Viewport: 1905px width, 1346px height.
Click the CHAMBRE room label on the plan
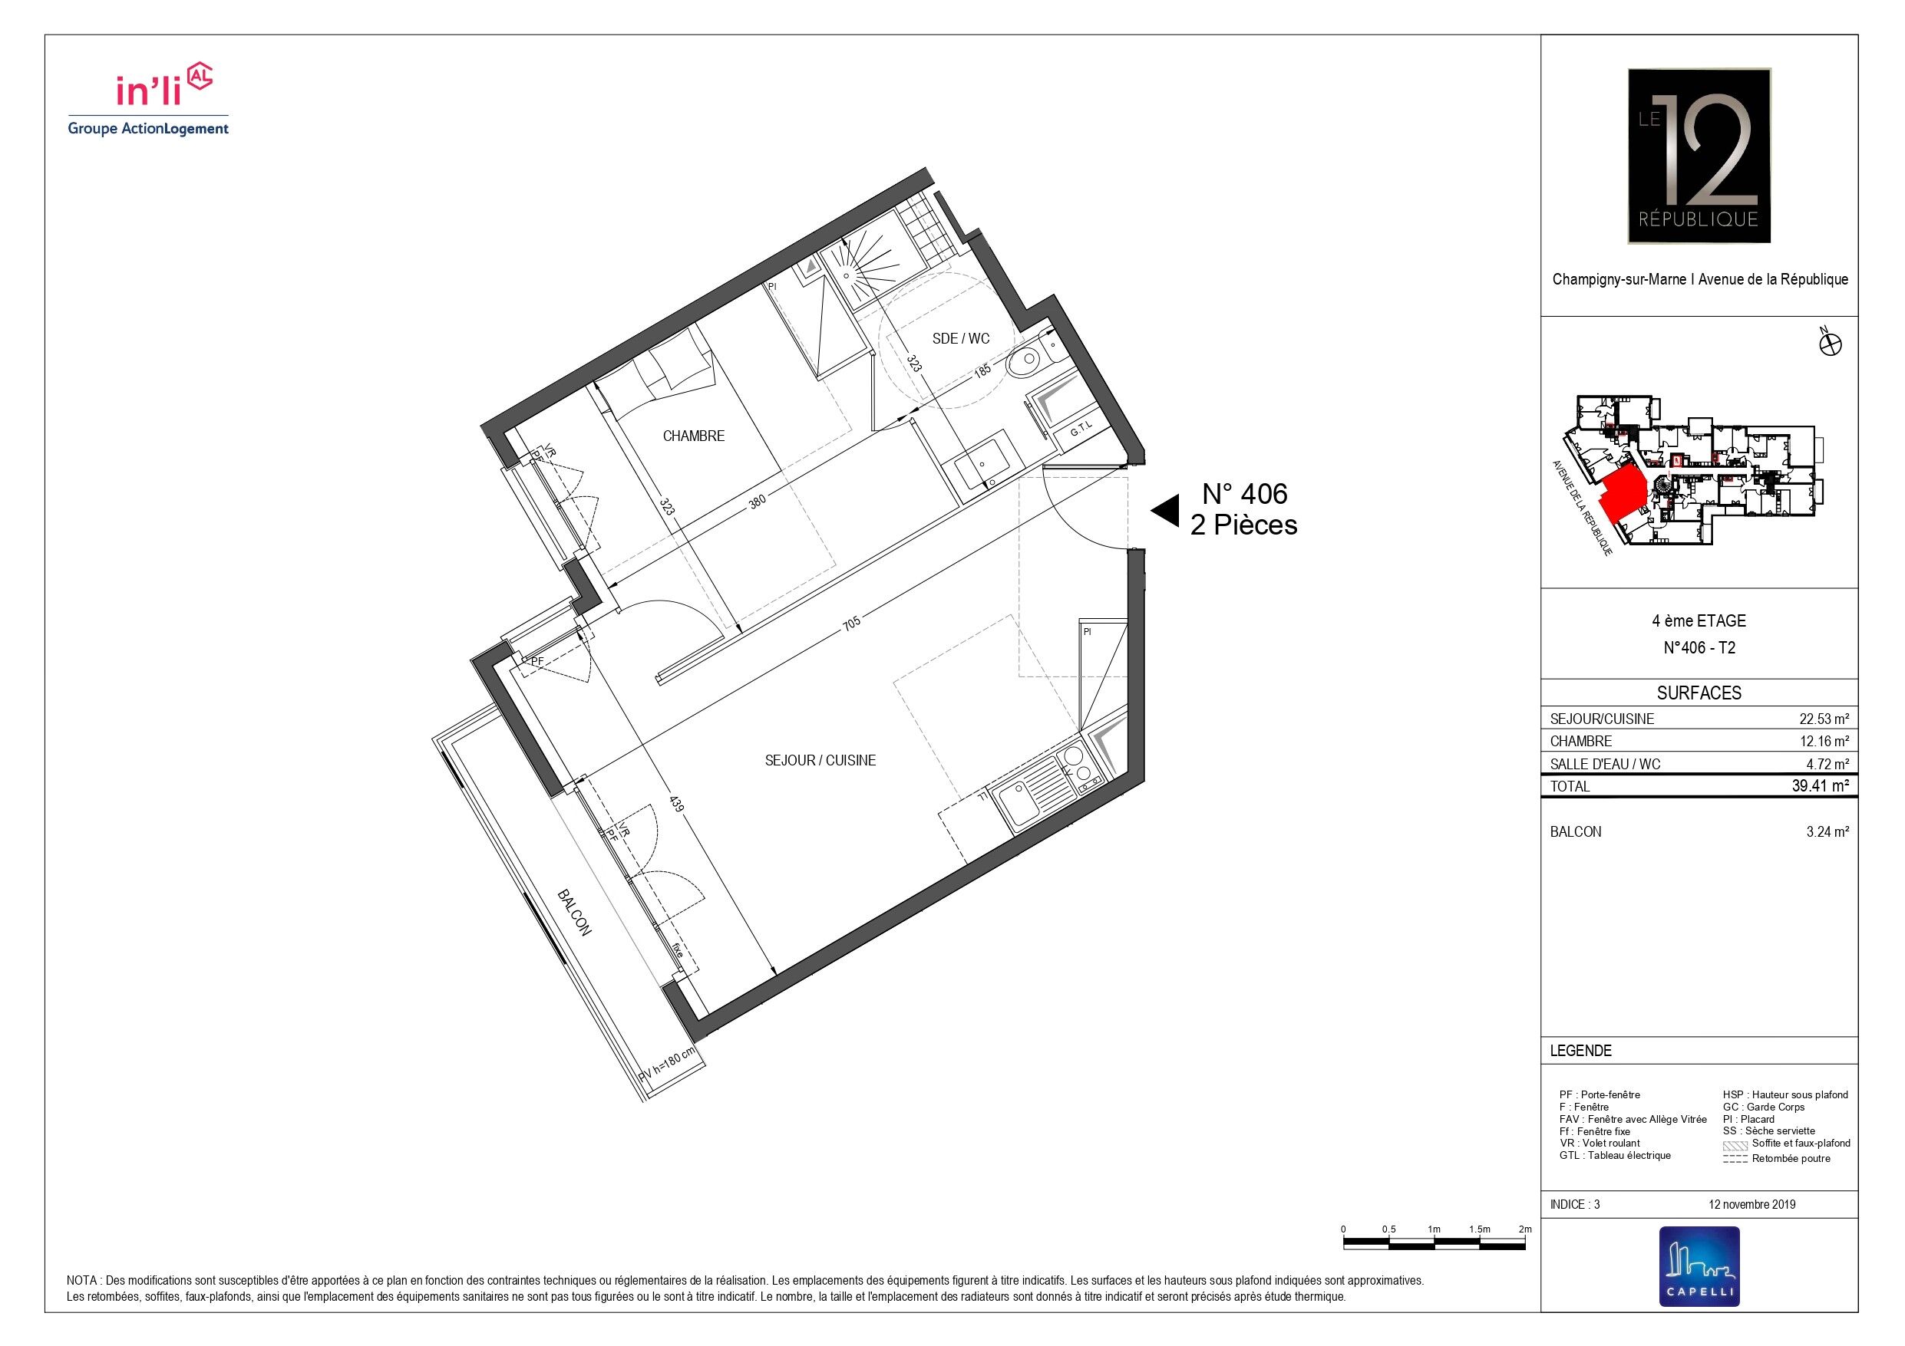[694, 436]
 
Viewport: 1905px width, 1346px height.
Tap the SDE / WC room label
[961, 338]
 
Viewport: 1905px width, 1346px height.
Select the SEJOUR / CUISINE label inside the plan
[820, 761]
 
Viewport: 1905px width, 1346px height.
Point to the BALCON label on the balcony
[574, 913]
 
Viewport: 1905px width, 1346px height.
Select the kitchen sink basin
[1023, 802]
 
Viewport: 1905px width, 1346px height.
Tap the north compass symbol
[1830, 344]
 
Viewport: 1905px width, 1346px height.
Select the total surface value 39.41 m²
[1821, 786]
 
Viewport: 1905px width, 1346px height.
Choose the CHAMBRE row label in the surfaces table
[1580, 742]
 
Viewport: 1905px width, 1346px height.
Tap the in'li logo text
[149, 89]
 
